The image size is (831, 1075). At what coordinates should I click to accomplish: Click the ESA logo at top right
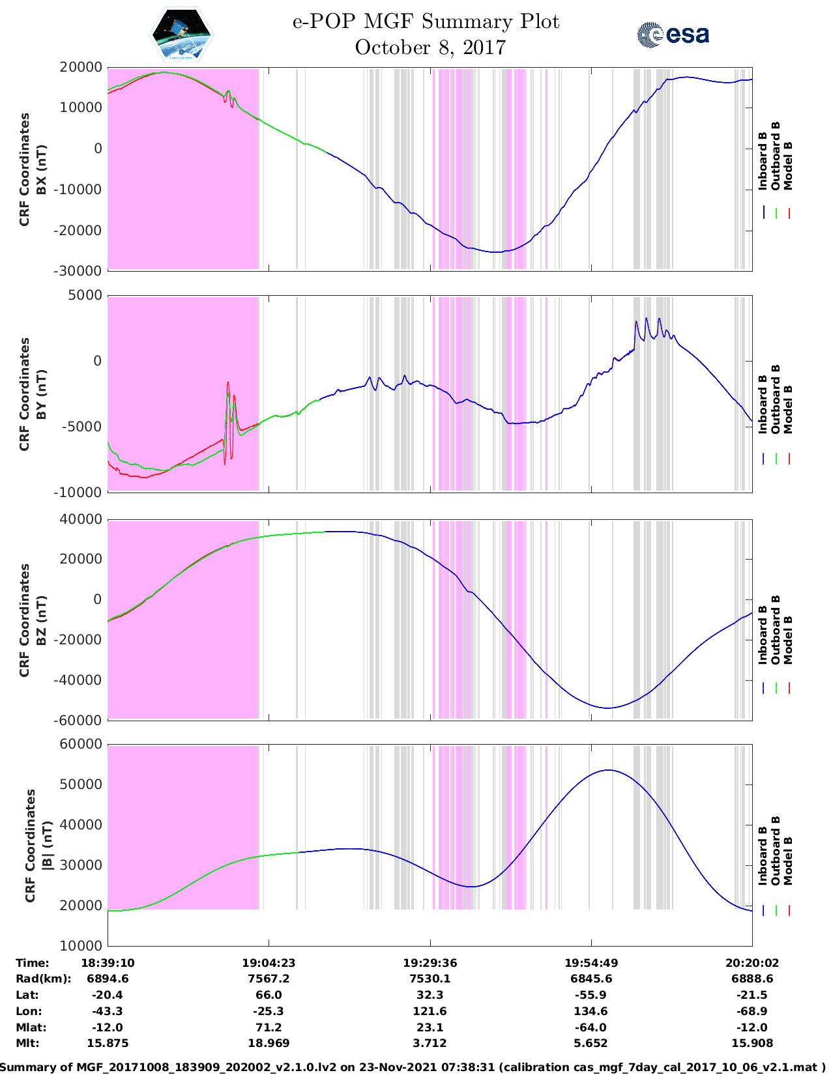[673, 35]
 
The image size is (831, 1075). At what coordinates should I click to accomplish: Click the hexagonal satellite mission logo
[182, 34]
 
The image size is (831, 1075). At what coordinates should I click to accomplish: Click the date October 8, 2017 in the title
[430, 48]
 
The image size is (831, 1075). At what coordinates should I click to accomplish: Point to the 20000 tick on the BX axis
[81, 67]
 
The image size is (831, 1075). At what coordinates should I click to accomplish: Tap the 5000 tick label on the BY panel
[85, 295]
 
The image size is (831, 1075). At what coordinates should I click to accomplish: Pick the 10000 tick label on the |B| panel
[81, 945]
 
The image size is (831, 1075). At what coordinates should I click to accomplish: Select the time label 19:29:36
[430, 963]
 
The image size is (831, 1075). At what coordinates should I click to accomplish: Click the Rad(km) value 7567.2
[269, 979]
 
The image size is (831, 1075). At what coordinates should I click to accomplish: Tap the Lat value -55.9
[591, 995]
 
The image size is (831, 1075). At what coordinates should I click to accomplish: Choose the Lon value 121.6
[430, 1011]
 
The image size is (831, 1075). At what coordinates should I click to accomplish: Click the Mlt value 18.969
[269, 1043]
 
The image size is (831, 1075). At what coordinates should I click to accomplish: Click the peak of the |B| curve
[608, 770]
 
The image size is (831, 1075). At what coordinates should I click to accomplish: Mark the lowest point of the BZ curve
[607, 708]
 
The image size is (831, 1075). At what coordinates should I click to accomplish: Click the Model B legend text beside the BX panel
[788, 166]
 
